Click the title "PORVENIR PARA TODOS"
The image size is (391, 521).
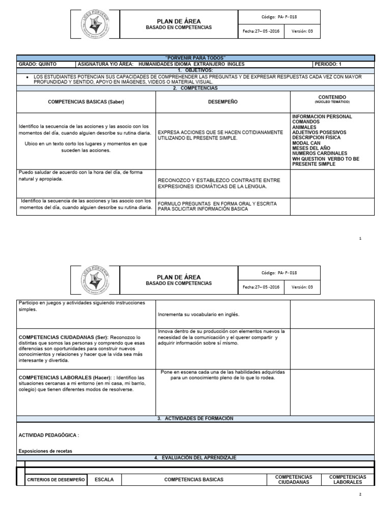pyautogui.click(x=195, y=58)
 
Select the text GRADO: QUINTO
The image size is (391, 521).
pyautogui.click(x=38, y=65)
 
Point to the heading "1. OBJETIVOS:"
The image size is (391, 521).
pyautogui.click(x=195, y=70)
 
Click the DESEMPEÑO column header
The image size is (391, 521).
pyautogui.click(x=223, y=102)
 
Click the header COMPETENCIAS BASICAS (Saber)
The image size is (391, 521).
pyautogui.click(x=86, y=102)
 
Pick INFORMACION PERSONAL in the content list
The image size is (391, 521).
pyautogui.click(x=322, y=117)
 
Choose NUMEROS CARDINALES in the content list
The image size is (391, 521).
pyautogui.click(x=320, y=153)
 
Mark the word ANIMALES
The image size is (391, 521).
pyautogui.click(x=304, y=127)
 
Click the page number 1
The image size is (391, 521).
pyautogui.click(x=360, y=238)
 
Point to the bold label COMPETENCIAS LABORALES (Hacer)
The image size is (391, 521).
pyautogui.click(x=66, y=378)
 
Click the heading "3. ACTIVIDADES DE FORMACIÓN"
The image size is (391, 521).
pyautogui.click(x=195, y=418)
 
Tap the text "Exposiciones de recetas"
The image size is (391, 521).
pyautogui.click(x=45, y=451)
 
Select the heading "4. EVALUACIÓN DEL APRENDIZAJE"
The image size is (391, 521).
pyautogui.click(x=195, y=458)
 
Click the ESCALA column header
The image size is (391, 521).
pyautogui.click(x=107, y=479)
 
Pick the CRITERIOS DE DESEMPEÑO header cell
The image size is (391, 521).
pyautogui.click(x=55, y=480)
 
